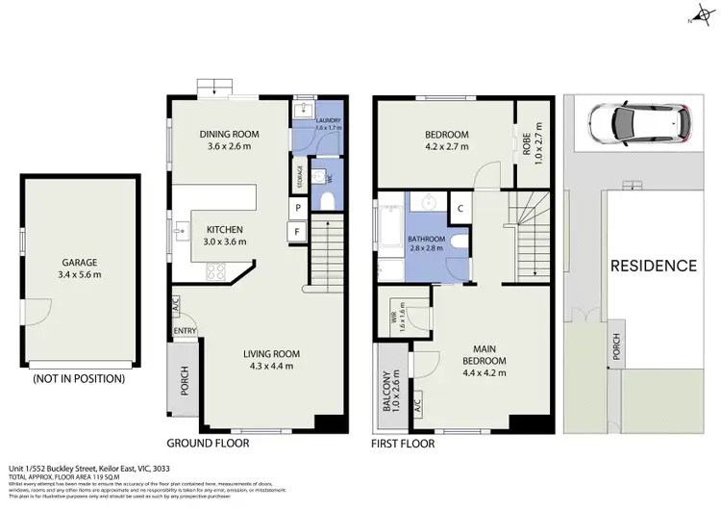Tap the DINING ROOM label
click(x=231, y=134)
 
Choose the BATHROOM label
click(x=425, y=239)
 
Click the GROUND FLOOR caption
click(x=209, y=444)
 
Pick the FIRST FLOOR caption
click(x=403, y=445)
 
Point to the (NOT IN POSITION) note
click(x=78, y=378)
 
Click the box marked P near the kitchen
click(x=299, y=208)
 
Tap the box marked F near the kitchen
click(x=299, y=231)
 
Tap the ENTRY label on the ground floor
click(x=185, y=331)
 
